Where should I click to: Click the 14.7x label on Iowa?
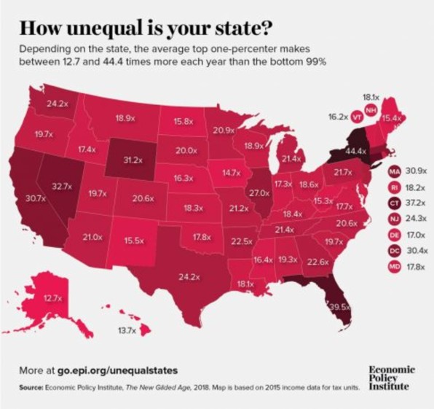[x=231, y=173]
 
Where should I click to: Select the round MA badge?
[x=394, y=170]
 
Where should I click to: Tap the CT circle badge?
[x=394, y=202]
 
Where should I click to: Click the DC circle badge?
[x=394, y=249]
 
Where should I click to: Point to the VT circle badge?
[x=357, y=117]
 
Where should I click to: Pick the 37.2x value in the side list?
[x=416, y=202]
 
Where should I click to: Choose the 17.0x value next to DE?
[x=416, y=234]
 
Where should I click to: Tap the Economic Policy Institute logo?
[x=393, y=378]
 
